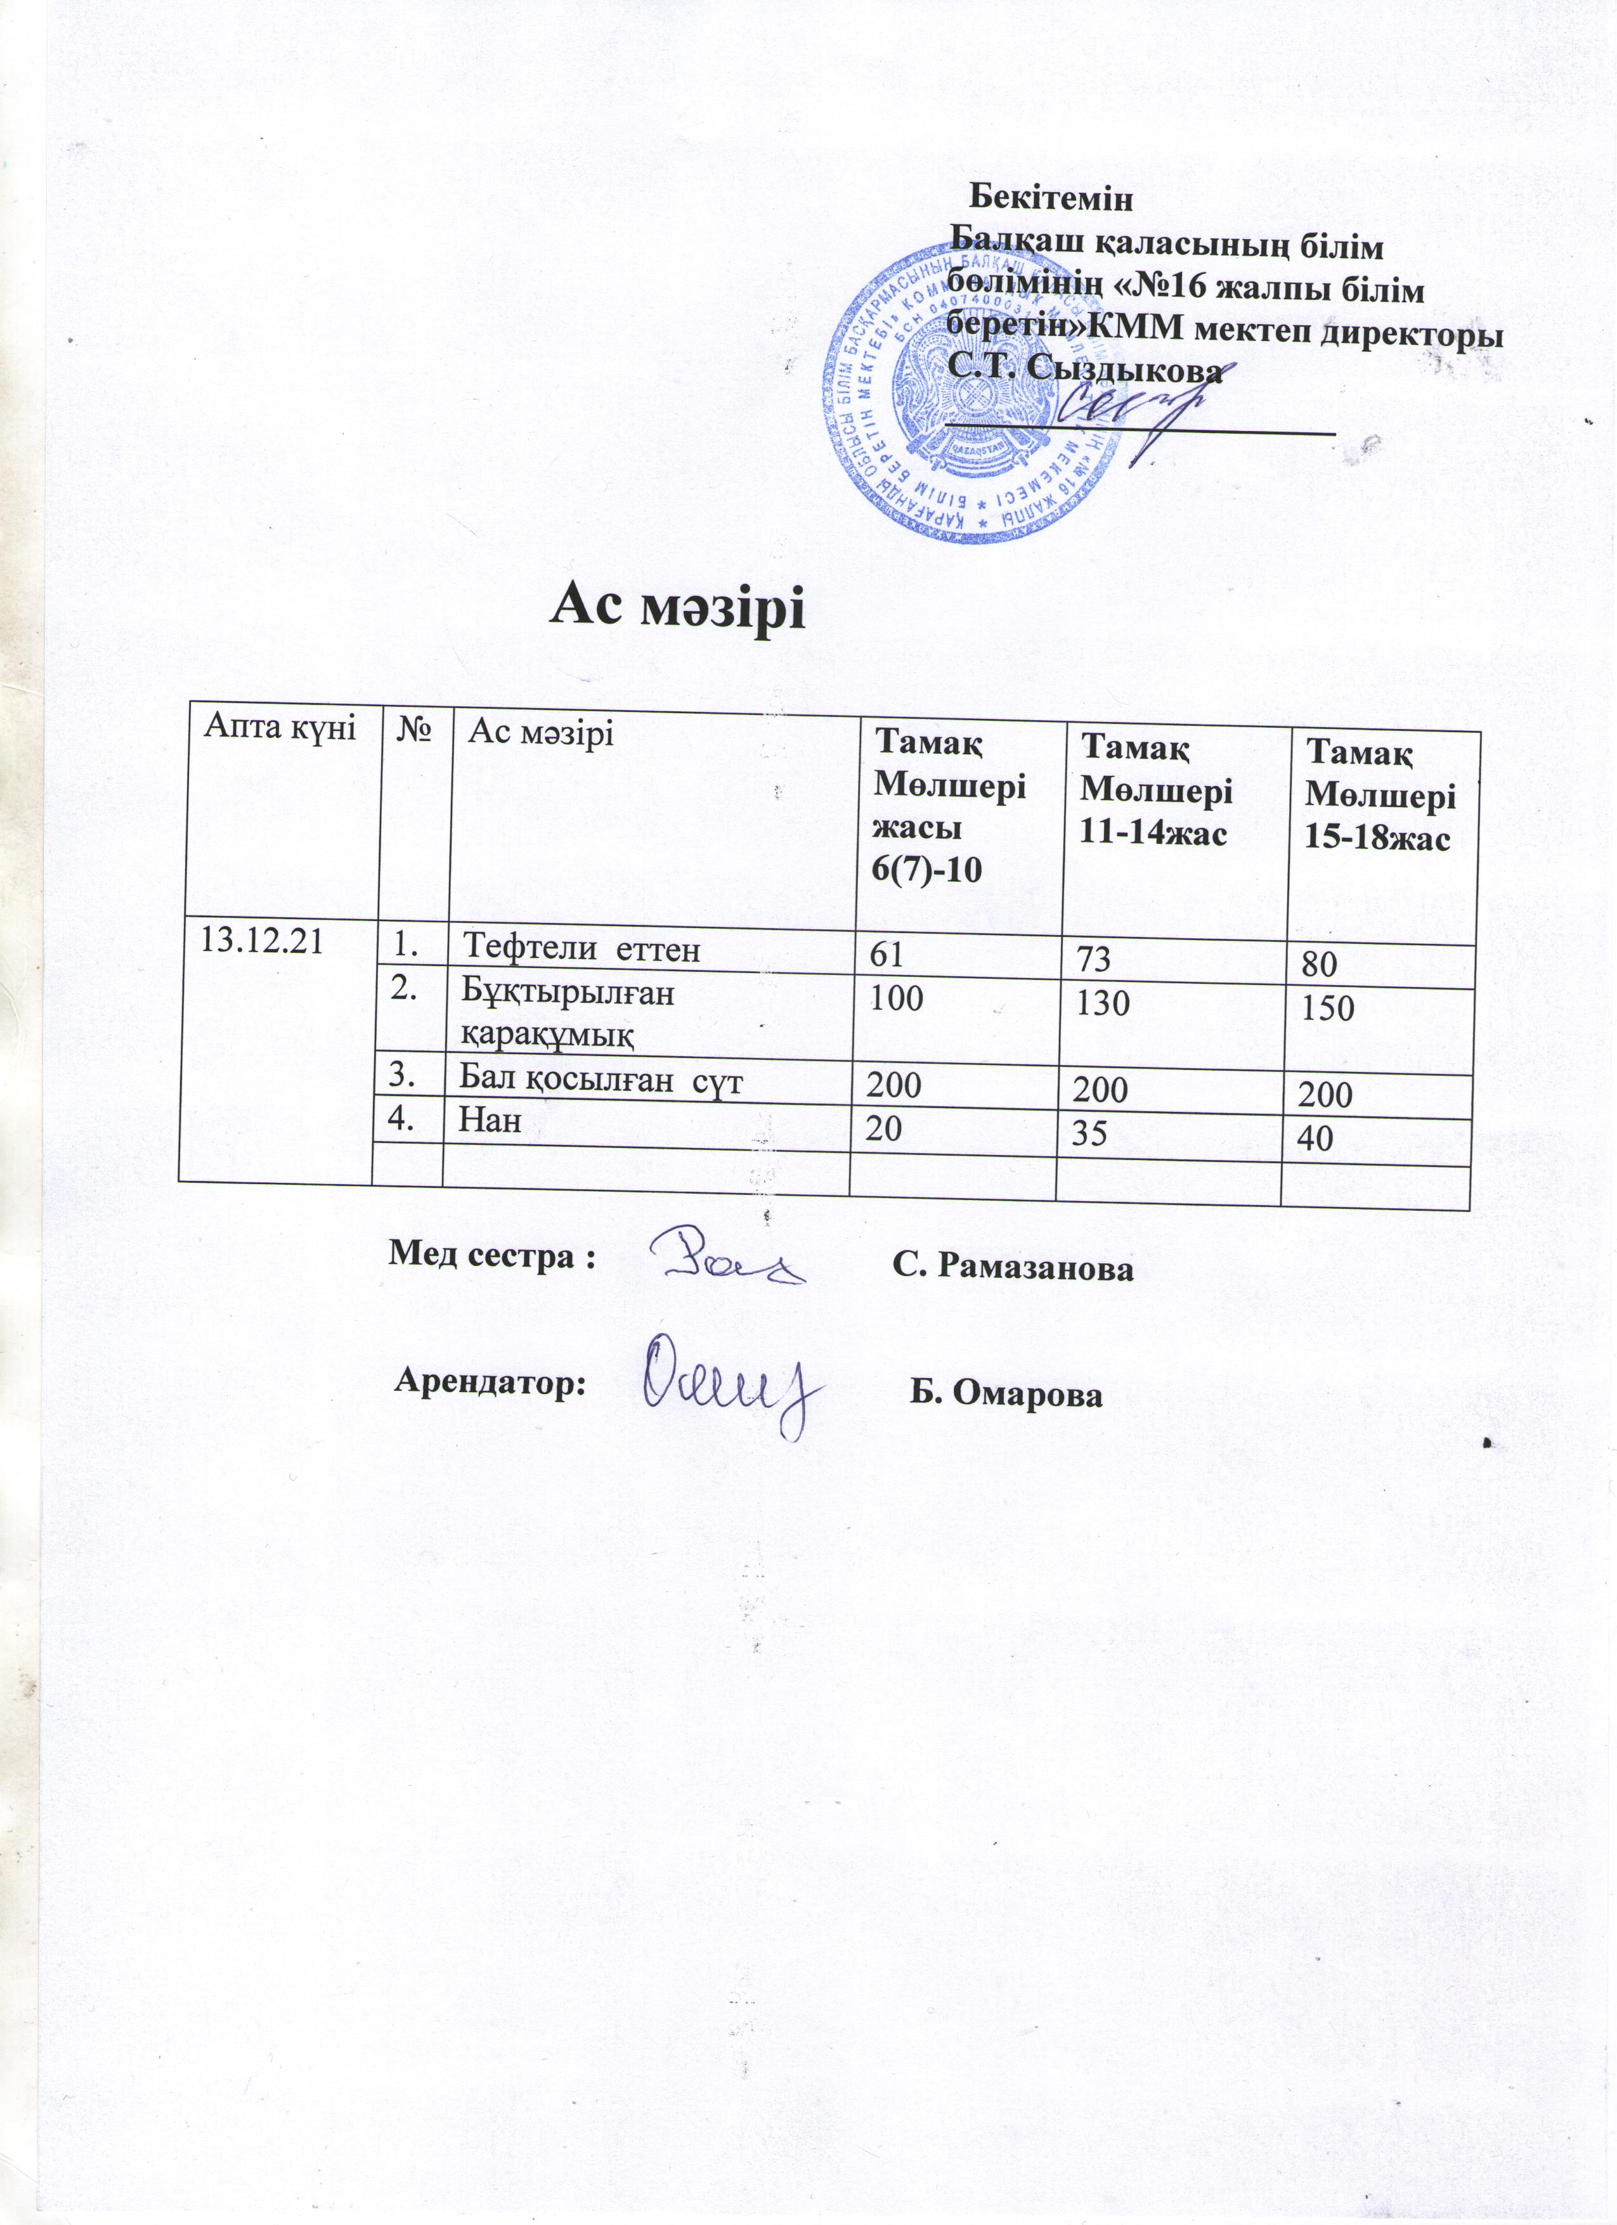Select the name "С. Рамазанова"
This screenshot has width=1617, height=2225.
(x=1013, y=1268)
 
